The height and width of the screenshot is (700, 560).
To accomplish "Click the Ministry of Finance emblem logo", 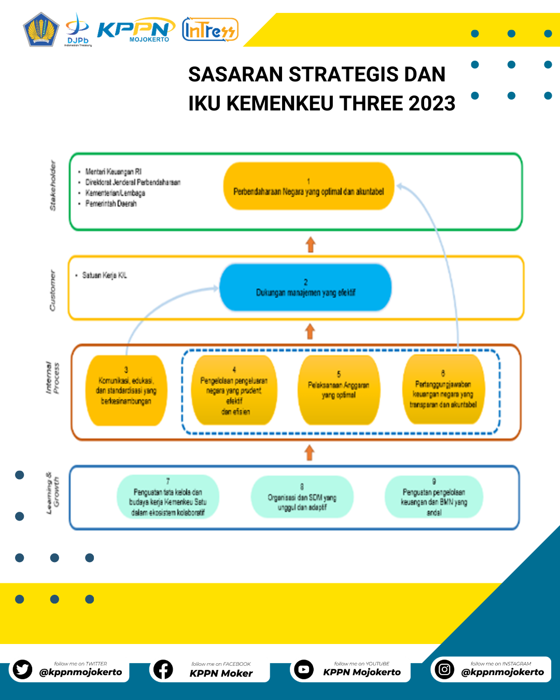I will pyautogui.click(x=41, y=30).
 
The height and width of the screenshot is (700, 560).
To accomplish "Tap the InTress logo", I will pyautogui.click(x=210, y=30).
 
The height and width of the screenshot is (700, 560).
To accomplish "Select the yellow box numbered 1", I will pyautogui.click(x=309, y=187).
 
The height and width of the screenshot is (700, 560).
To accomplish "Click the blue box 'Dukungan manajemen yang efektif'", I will pyautogui.click(x=305, y=288).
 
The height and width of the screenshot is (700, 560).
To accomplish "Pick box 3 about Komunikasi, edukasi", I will pyautogui.click(x=126, y=390).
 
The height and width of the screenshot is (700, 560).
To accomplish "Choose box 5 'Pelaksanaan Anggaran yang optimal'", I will pyautogui.click(x=339, y=389).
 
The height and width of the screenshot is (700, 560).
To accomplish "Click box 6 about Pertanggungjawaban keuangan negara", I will pyautogui.click(x=443, y=389).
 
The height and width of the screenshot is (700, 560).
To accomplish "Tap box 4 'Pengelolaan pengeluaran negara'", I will pyautogui.click(x=234, y=390).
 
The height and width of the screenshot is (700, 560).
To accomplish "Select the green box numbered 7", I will pyautogui.click(x=168, y=497).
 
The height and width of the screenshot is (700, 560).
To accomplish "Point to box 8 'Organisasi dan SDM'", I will pyautogui.click(x=302, y=497).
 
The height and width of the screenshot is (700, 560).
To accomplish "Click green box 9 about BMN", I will pyautogui.click(x=434, y=497).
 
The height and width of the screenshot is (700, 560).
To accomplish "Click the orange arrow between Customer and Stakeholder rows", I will pyautogui.click(x=311, y=244).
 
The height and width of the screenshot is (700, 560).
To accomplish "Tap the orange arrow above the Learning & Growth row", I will pyautogui.click(x=310, y=453).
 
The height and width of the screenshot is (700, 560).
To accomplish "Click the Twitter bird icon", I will pyautogui.click(x=22, y=669).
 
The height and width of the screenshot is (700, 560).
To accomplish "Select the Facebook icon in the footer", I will pyautogui.click(x=163, y=669).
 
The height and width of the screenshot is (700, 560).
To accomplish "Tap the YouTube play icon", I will pyautogui.click(x=304, y=669).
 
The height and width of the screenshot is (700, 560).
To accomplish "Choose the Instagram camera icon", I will pyautogui.click(x=444, y=669).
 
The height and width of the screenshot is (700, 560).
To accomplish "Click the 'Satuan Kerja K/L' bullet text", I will pyautogui.click(x=104, y=275).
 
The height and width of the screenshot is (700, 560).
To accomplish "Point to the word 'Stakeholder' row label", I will pyautogui.click(x=52, y=186).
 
